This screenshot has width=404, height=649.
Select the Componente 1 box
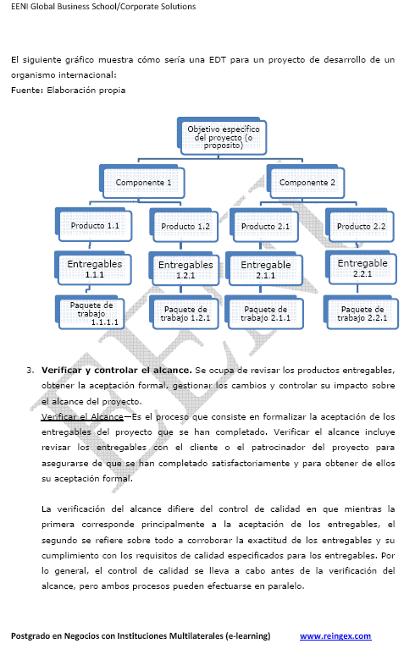tap(143, 182)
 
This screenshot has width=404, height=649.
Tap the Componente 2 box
tap(307, 182)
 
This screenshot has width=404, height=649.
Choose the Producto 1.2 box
tap(185, 227)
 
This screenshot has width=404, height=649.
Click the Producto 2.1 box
tap(266, 227)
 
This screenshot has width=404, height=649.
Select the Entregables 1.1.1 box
tap(95, 269)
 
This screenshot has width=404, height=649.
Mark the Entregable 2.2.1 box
tap(362, 268)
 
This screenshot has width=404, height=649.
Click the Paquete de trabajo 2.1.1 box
tap(266, 314)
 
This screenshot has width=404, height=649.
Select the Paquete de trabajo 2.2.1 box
tap(362, 314)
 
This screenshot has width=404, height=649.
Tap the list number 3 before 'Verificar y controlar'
tap(30, 370)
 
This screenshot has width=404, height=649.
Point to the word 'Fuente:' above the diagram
tap(27, 90)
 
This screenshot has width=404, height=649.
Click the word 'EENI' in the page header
tap(21, 6)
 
